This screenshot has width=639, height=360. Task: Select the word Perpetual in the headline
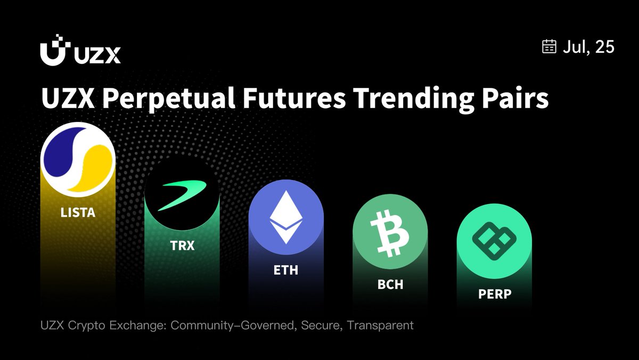point(168,99)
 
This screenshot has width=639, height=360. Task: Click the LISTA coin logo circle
point(78,159)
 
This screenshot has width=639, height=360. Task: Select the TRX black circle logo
point(182,193)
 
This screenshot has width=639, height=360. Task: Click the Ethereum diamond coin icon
point(286,217)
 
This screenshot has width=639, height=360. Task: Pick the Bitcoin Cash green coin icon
point(390,231)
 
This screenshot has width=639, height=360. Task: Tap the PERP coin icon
point(494,241)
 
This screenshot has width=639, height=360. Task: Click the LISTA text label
point(78,212)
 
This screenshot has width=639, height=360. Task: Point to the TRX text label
point(182,246)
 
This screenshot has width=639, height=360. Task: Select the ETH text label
point(286,270)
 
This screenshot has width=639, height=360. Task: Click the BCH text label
point(390,284)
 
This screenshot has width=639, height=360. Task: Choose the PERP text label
point(495,294)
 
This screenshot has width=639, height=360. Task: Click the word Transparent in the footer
point(380,325)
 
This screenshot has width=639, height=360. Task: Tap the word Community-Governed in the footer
point(232,325)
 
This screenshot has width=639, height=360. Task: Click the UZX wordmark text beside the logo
point(97,55)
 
